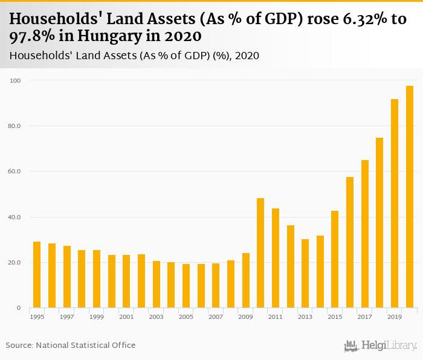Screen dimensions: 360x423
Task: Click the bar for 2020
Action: coord(410,197)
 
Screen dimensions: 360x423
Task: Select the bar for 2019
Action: coord(395,204)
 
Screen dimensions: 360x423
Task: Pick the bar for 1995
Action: coord(37,275)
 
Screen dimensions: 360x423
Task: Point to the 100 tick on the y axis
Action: coord(16,80)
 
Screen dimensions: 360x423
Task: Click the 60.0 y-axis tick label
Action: coord(15,172)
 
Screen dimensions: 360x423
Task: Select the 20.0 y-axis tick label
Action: coord(15,263)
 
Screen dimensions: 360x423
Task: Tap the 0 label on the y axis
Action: coord(18,308)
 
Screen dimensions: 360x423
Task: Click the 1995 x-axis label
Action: coord(37,317)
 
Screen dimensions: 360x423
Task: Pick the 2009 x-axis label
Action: coord(245,317)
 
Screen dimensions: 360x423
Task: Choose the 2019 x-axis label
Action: coord(395,317)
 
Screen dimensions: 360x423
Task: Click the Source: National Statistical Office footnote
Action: coord(71,346)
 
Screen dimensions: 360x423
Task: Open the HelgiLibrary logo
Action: coord(381,346)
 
